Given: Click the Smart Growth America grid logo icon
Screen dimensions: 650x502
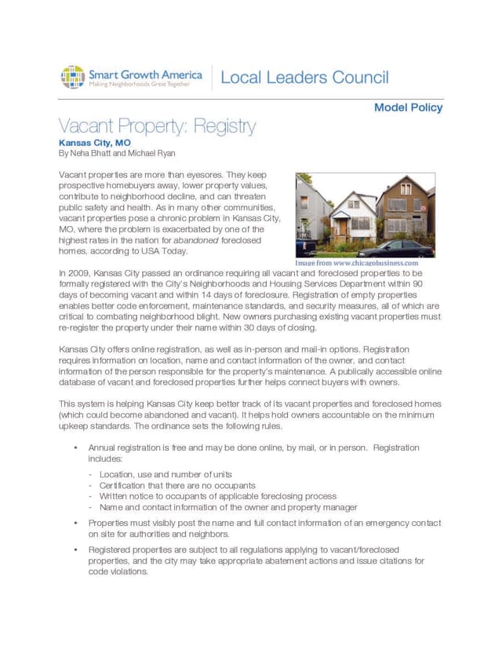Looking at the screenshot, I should (73, 77).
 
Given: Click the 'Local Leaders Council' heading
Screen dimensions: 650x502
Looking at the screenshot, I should (305, 77).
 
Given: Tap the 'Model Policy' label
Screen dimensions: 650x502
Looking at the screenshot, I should (408, 108).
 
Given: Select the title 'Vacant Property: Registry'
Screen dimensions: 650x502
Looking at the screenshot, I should (158, 126).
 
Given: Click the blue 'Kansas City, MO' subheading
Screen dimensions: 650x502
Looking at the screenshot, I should (95, 143).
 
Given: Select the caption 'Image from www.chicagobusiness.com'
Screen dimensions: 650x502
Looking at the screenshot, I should (357, 263).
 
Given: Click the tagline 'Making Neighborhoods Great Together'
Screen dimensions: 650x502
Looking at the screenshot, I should (139, 83).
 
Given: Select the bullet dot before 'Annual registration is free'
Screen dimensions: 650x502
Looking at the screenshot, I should (74, 447).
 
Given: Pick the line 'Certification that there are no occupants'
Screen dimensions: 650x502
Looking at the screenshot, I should (172, 485).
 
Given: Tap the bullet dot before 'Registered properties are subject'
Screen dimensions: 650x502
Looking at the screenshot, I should (74, 550).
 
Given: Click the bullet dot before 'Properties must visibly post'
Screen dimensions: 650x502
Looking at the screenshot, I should (74, 523).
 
